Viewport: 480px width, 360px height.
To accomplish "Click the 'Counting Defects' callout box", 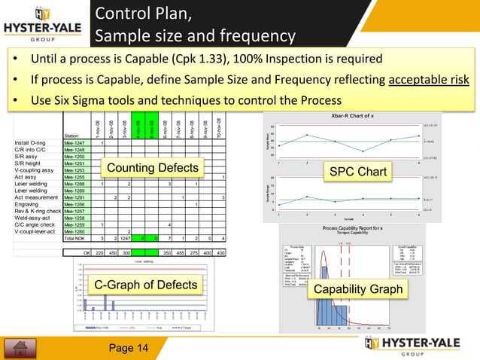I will point(153,167).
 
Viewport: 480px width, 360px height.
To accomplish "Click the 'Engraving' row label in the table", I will point(27,204).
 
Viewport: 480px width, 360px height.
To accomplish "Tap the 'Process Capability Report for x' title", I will point(359,227).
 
